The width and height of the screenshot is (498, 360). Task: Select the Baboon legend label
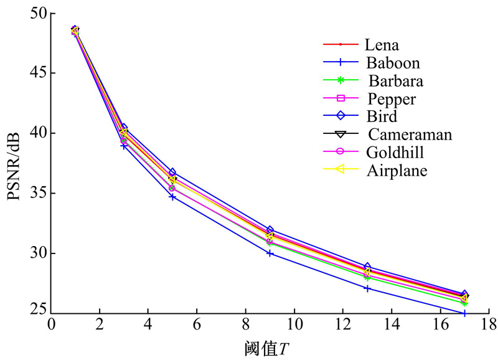point(393,63)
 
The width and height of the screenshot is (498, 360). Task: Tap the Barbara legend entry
point(395,81)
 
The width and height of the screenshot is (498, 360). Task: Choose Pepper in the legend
point(392,98)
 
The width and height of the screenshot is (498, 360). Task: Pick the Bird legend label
point(382,116)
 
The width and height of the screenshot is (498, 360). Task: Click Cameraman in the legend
point(410,135)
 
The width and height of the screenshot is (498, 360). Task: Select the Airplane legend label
point(397,170)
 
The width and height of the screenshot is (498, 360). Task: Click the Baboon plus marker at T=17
point(464,313)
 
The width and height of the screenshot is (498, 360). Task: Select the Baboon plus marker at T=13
point(367,288)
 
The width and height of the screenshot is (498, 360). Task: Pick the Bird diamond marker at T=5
point(172,172)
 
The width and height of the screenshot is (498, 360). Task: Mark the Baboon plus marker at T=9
point(270,253)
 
